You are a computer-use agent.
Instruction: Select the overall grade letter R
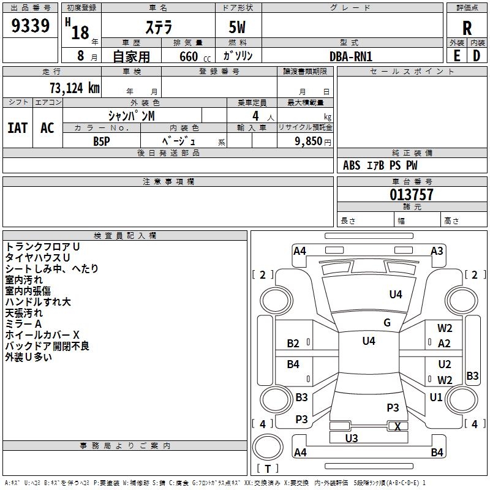tap(467, 28)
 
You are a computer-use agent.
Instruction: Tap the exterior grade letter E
tap(456, 55)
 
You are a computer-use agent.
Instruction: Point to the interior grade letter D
tap(477, 55)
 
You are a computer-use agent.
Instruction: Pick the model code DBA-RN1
tap(351, 56)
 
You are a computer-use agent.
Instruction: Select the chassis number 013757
tap(412, 195)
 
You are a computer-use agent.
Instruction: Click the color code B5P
tap(102, 141)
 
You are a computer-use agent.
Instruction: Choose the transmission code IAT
tap(17, 128)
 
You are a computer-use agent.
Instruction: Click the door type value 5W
tap(238, 28)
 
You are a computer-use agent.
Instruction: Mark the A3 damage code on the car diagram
tap(437, 251)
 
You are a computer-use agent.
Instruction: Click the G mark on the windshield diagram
tap(387, 323)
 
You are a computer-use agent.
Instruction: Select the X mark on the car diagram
tap(398, 427)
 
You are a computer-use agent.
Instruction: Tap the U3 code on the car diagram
tap(352, 438)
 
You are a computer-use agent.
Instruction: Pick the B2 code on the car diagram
tap(293, 344)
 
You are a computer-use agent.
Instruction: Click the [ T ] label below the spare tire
tap(267, 469)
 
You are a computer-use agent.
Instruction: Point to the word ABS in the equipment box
tap(352, 165)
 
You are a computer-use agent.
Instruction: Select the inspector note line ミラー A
tap(23, 324)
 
